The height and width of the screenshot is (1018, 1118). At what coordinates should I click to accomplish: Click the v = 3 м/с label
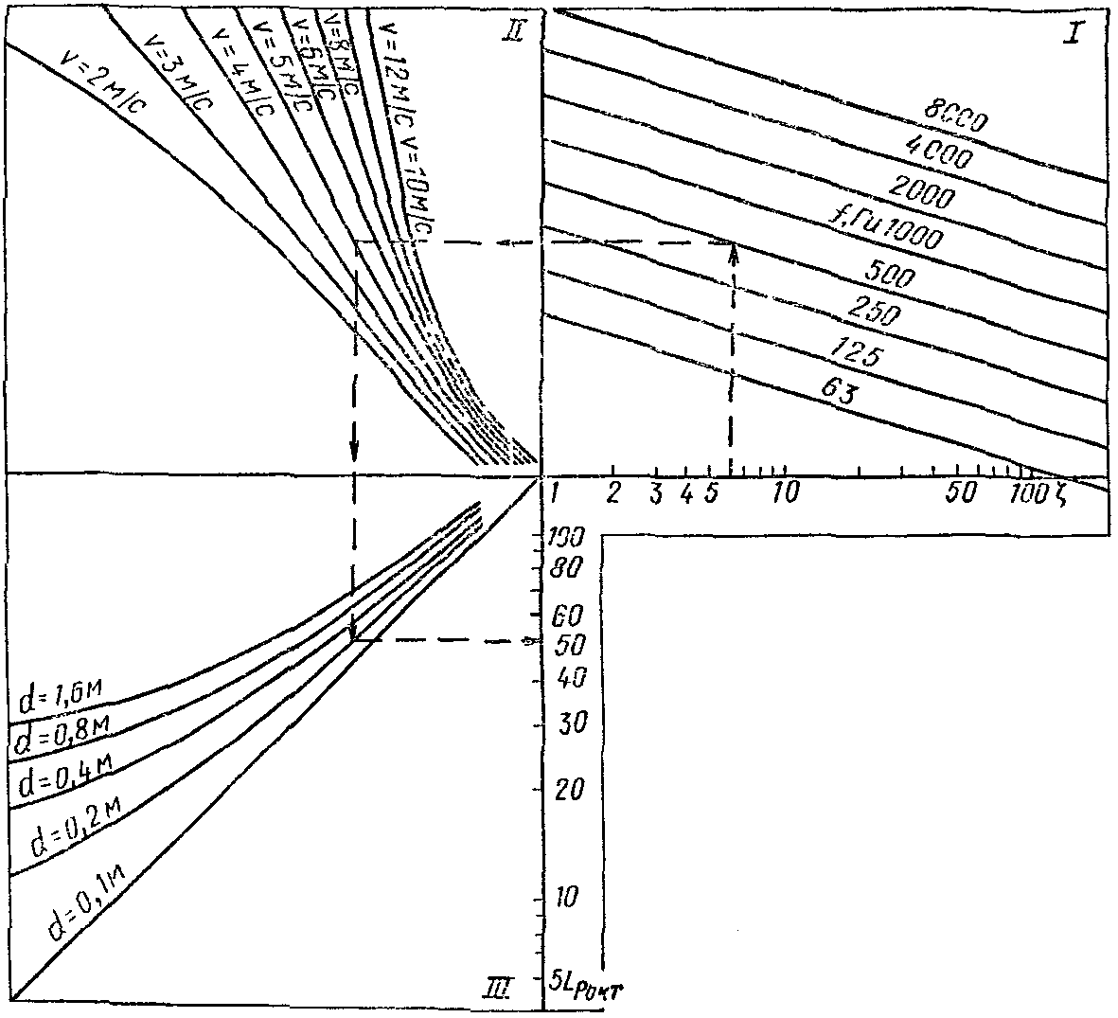pyautogui.click(x=180, y=71)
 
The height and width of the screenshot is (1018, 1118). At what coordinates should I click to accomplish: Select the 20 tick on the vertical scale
pyautogui.click(x=571, y=788)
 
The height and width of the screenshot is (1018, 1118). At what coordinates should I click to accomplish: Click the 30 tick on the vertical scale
pyautogui.click(x=571, y=724)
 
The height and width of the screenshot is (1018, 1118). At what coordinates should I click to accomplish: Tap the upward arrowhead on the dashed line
pyautogui.click(x=733, y=248)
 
